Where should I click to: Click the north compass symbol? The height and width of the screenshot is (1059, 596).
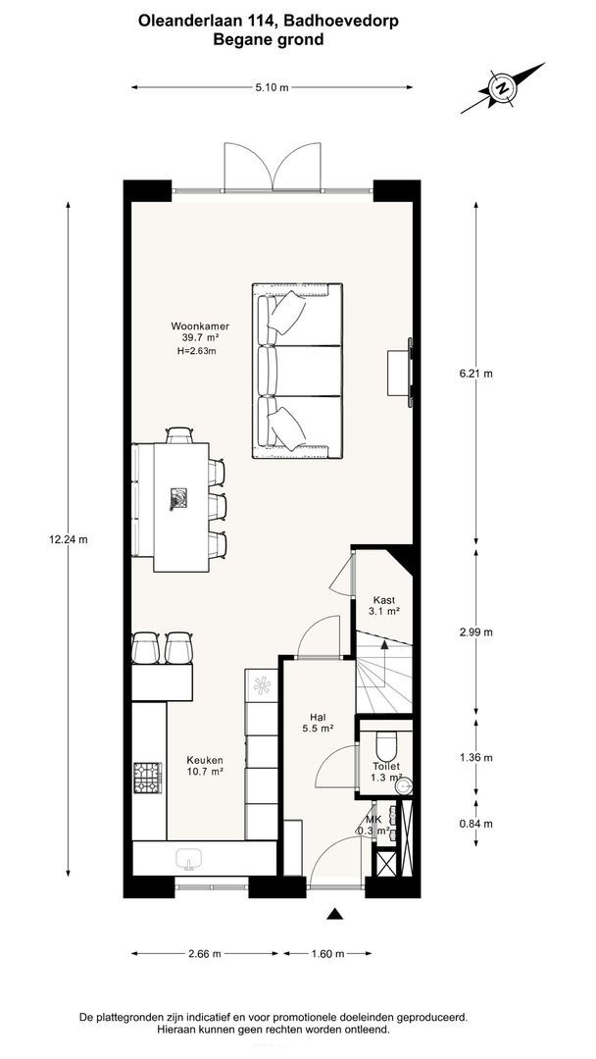coord(502,88)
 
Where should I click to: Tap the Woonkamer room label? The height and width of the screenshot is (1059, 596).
coord(196,338)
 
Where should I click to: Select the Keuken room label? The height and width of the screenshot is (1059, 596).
coord(206,765)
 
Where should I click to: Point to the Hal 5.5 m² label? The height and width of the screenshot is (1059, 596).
coord(318,723)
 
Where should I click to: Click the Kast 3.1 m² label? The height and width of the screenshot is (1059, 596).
coord(384,605)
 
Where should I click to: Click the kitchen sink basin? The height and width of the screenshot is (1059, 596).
coord(189,858)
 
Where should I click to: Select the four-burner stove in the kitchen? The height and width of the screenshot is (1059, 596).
coord(148,778)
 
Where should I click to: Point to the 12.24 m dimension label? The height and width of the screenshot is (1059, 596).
coord(69,539)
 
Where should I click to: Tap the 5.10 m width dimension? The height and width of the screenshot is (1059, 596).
coord(272,87)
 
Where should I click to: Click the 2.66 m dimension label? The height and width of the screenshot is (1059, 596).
coord(205,954)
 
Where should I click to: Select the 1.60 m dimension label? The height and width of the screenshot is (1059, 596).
coord(328,954)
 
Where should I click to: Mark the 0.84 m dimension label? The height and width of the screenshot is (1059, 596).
coord(475,824)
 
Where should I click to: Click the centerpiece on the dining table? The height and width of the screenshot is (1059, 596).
coord(178,499)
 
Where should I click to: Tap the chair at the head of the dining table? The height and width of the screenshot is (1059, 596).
coord(179,435)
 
